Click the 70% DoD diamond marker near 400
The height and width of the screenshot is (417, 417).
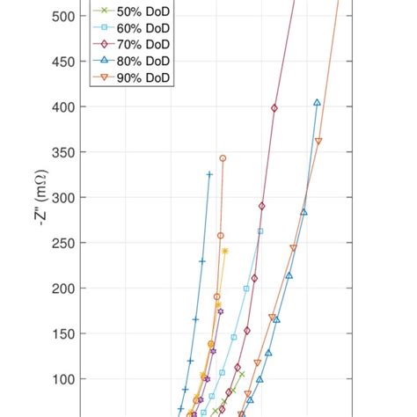click(x=274, y=108)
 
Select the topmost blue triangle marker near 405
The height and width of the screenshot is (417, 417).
click(x=317, y=102)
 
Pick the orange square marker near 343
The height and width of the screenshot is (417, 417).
click(x=223, y=158)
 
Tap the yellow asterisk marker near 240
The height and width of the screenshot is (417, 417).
click(x=225, y=251)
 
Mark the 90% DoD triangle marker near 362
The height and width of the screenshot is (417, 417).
click(x=318, y=141)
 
